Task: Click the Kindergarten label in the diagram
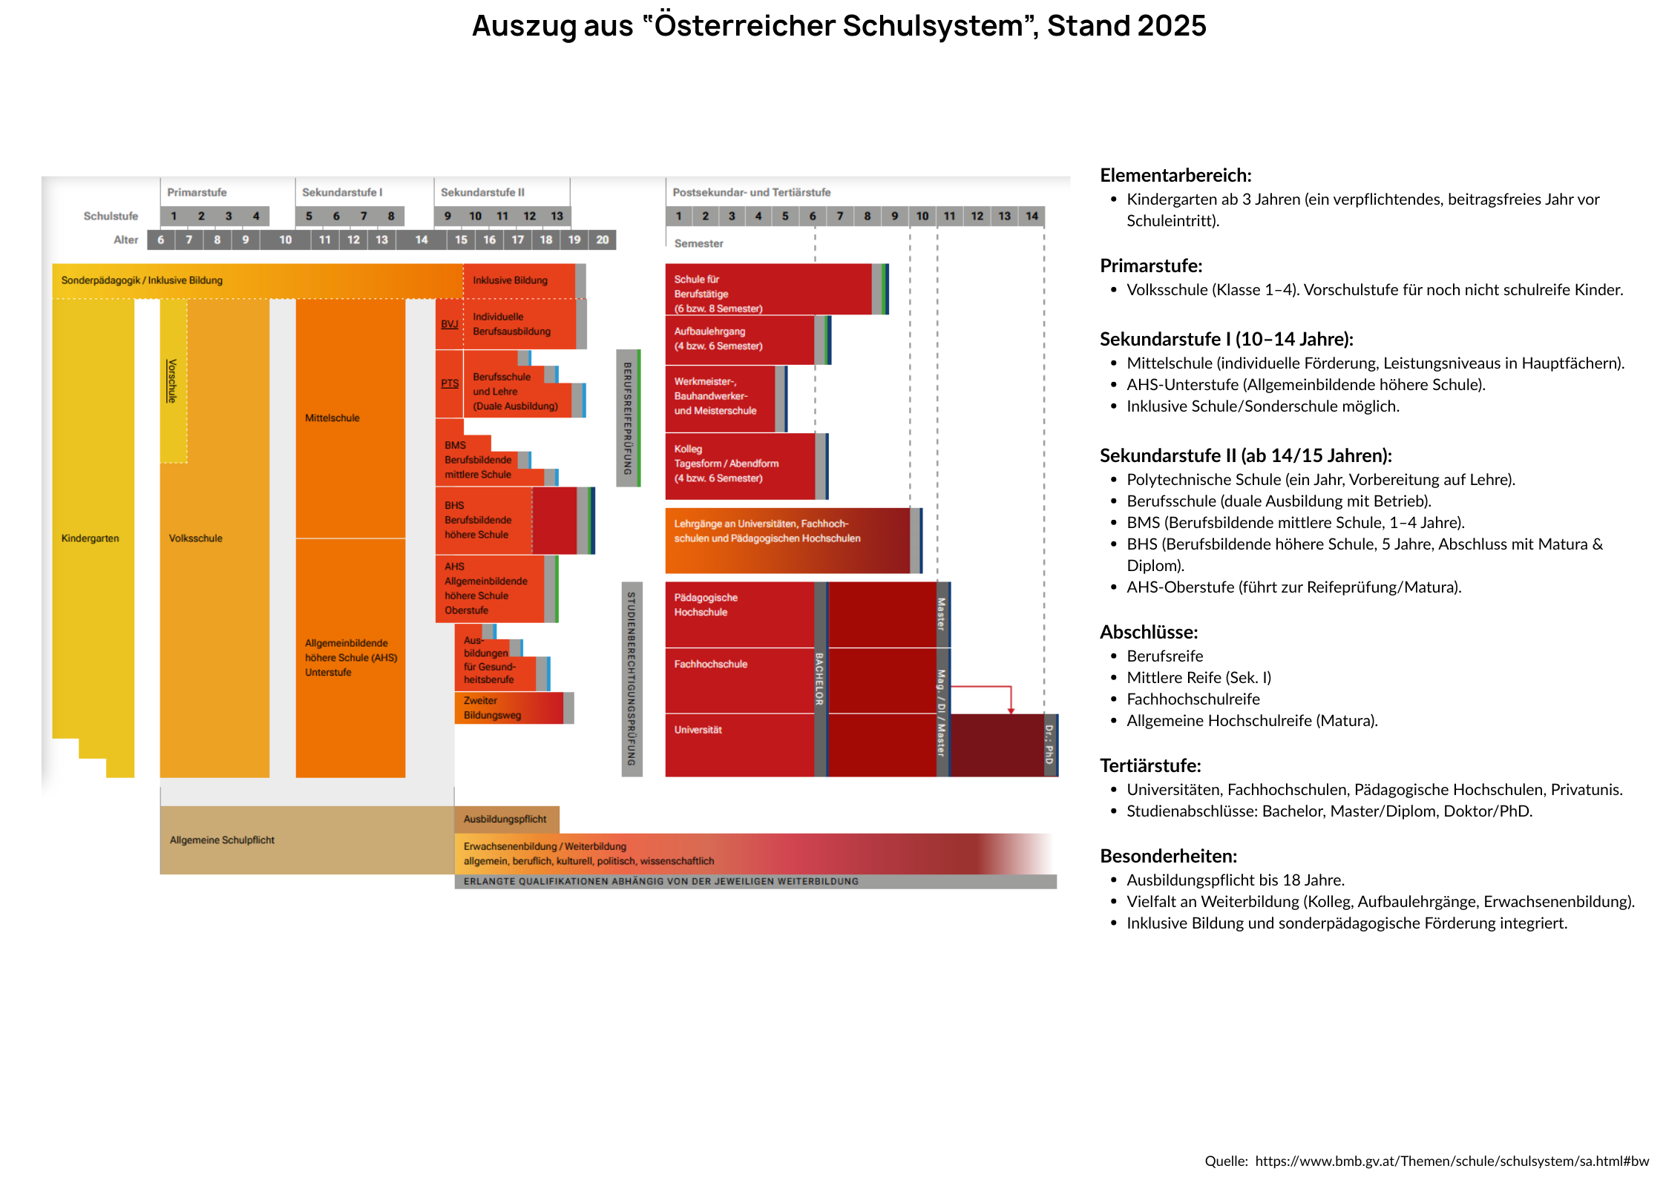tap(90, 538)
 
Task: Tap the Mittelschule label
tap(332, 418)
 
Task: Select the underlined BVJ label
tap(449, 324)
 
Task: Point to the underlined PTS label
tap(450, 383)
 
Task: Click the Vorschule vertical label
tap(172, 380)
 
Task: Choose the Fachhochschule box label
tap(710, 665)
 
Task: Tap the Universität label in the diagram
tap(698, 730)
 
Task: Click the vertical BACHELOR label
tap(819, 679)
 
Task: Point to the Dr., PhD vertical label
tap(1049, 745)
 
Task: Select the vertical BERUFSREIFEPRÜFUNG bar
tap(628, 418)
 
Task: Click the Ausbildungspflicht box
tap(505, 820)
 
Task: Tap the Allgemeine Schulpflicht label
tap(222, 840)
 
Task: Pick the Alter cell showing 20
tap(602, 240)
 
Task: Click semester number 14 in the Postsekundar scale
tap(1032, 216)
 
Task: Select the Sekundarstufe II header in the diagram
tap(482, 192)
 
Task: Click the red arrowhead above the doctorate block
tap(1011, 710)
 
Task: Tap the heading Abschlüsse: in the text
tap(1148, 633)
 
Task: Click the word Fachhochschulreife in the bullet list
tap(1193, 699)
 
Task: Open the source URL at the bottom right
tap(1452, 1161)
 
